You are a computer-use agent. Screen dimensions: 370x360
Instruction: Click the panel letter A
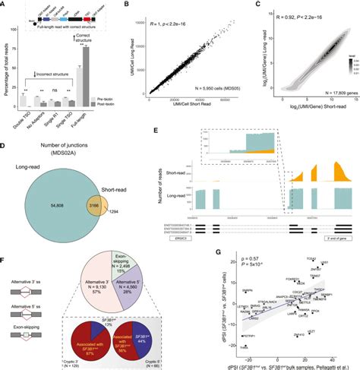[5, 5]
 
